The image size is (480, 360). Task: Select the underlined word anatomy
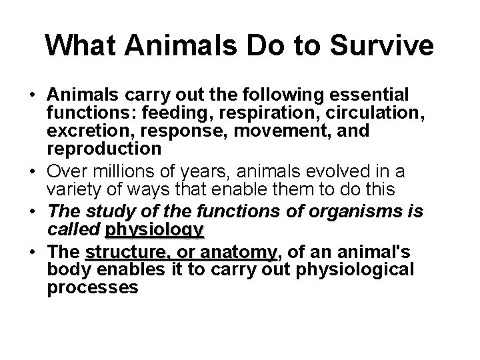click(241, 253)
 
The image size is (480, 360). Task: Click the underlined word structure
click(127, 253)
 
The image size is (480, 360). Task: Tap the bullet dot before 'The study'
click(33, 213)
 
